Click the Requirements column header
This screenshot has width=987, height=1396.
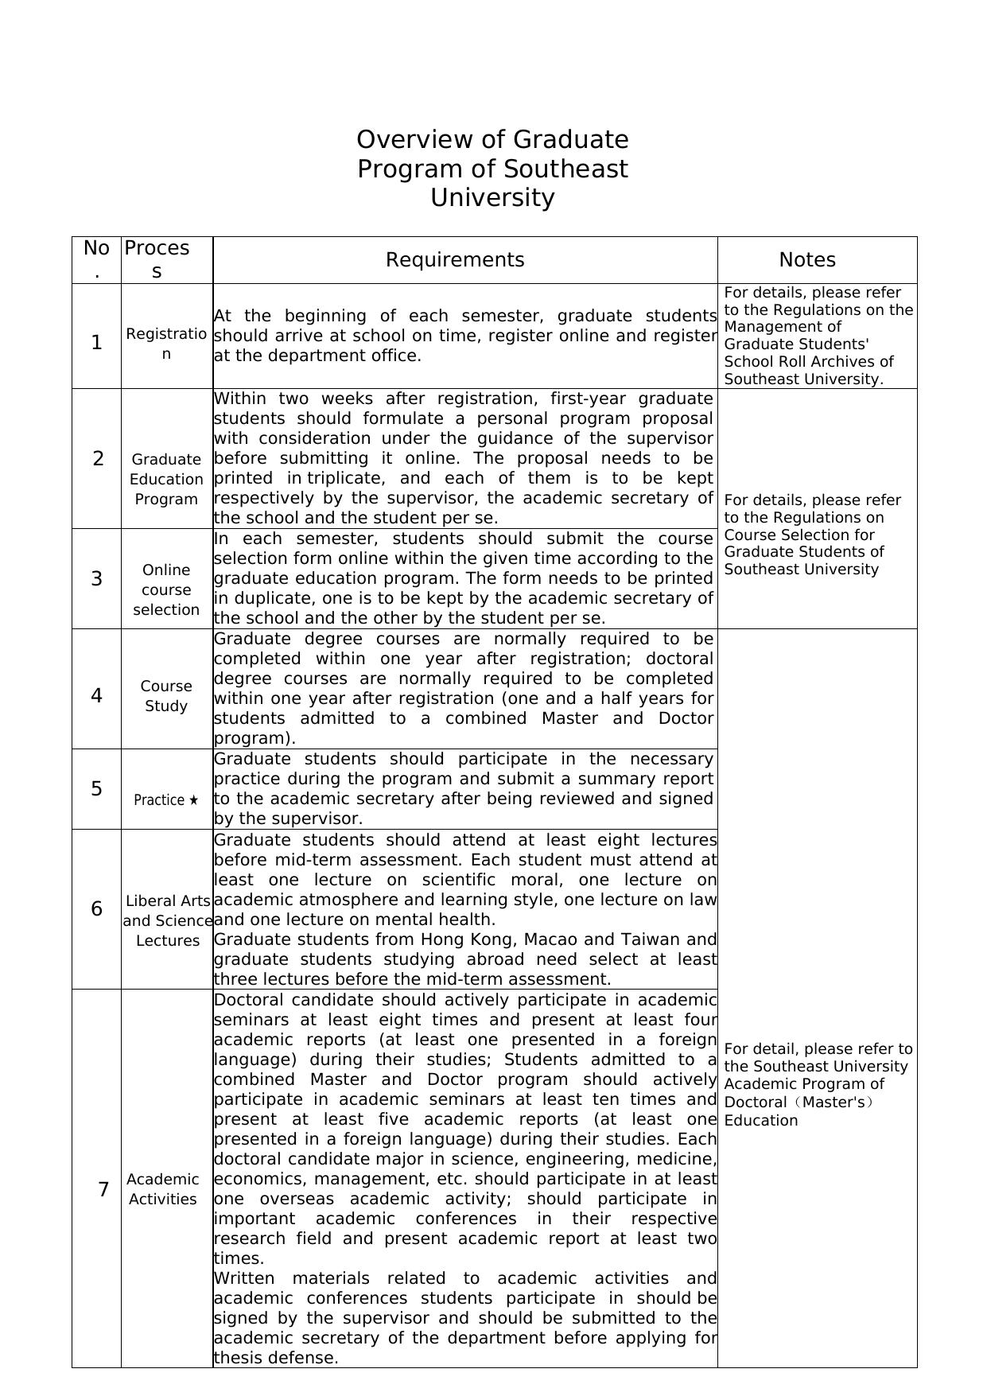pos(455,260)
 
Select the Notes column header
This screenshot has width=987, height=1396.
pos(807,260)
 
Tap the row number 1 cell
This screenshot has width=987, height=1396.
pos(96,343)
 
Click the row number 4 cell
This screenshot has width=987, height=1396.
pos(96,696)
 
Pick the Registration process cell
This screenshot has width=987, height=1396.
pos(166,344)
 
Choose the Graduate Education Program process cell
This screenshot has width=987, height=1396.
pos(166,479)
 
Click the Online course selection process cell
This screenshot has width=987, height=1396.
pos(166,589)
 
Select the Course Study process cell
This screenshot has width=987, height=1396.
pos(166,696)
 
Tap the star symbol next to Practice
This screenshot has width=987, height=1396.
pos(193,799)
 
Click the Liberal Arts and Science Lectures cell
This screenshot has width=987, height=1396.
pos(167,920)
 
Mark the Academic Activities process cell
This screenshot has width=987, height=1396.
pos(163,1189)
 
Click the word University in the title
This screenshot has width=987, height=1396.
pos(492,198)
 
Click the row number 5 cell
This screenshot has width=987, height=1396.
pos(96,789)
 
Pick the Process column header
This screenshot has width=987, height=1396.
pos(157,259)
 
